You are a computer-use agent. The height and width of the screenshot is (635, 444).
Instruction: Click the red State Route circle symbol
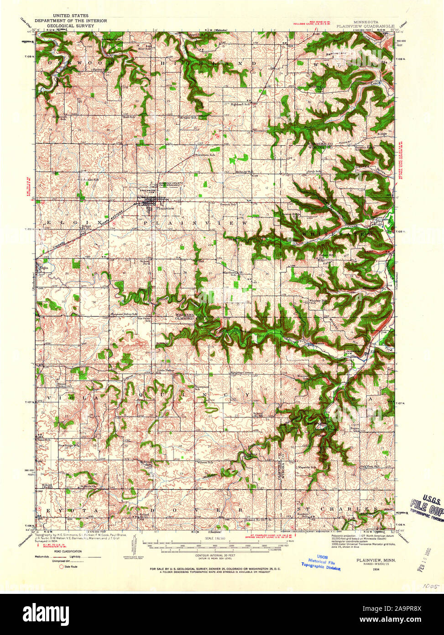(61, 566)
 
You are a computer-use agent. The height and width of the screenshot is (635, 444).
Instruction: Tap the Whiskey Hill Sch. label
(318, 301)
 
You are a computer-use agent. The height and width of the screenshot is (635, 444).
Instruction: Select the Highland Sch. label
(240, 104)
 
